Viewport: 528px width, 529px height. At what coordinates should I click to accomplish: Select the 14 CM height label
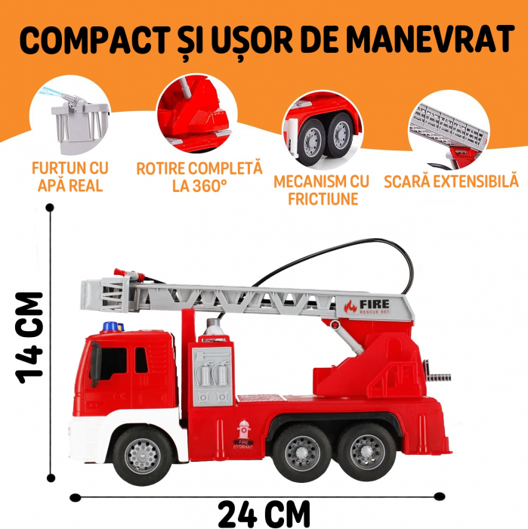coord(29,338)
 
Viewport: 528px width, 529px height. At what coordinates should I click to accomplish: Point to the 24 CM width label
coord(264,514)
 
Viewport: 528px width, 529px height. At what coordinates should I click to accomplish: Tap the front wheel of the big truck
coord(143,456)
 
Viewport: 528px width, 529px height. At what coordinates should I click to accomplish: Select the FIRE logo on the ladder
coord(367,306)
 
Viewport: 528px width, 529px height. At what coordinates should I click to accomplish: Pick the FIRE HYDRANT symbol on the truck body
coord(243,435)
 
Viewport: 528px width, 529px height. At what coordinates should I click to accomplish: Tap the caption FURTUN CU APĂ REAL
coord(70,177)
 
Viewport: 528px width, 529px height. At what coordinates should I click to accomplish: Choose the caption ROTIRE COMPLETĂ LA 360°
coord(199,177)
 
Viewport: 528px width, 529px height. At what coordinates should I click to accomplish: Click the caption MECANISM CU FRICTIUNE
coord(322,190)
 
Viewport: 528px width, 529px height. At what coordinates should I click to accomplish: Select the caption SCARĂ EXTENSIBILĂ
coord(452,181)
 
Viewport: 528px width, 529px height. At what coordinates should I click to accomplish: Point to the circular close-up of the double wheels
coord(323,130)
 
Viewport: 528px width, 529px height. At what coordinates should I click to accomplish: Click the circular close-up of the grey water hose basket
coord(70,116)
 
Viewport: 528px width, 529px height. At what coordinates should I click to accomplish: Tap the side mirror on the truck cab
coord(95,363)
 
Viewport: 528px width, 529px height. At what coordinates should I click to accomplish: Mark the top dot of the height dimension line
coord(50,208)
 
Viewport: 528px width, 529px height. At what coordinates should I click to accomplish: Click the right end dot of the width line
coord(439,497)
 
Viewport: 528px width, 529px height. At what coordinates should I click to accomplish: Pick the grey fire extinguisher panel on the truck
coord(212,376)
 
